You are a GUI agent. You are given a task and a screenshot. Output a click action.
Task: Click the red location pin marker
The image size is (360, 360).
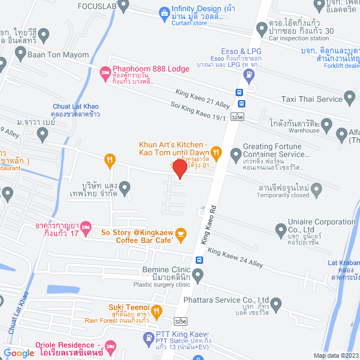(x=179, y=168)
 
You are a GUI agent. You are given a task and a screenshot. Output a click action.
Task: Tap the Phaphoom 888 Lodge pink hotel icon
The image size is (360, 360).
(x=104, y=72)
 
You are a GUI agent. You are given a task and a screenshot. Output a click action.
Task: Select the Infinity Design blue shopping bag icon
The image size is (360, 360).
(x=163, y=12)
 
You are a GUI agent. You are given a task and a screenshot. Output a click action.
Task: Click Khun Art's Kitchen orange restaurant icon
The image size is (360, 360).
(x=218, y=151)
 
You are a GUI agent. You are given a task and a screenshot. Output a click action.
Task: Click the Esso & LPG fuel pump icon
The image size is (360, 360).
(x=250, y=88)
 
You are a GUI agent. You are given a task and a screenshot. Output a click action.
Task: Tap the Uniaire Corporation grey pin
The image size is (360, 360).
(x=280, y=229)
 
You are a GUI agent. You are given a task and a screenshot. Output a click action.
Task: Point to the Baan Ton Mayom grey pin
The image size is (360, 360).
(x=21, y=55)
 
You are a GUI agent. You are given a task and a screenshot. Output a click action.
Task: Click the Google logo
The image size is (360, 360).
(x=19, y=353)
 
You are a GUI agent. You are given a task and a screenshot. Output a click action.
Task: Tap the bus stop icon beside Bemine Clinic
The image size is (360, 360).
(x=199, y=260)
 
